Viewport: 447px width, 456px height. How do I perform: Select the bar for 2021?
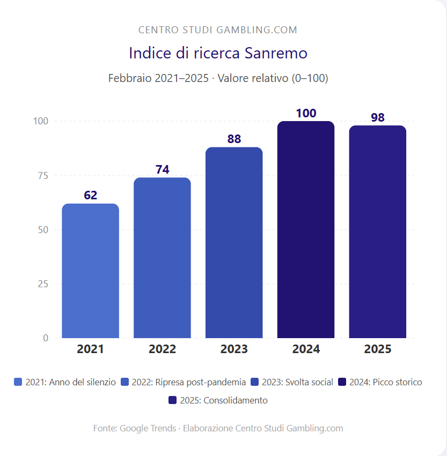[x=90, y=271]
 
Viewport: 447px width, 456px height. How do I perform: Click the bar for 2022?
[x=162, y=258]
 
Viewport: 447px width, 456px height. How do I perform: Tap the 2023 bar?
[x=234, y=243]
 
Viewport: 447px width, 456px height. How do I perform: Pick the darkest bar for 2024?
[x=306, y=229]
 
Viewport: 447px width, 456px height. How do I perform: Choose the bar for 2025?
[x=378, y=231]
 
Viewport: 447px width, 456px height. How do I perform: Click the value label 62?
[x=90, y=195]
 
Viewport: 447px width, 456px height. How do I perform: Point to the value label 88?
[x=234, y=139]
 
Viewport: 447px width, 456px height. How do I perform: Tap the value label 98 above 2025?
[x=378, y=117]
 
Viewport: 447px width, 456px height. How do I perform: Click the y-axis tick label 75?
[x=42, y=176]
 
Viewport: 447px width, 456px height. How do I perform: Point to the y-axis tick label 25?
[x=42, y=284]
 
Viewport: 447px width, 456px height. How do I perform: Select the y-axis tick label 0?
[x=46, y=338]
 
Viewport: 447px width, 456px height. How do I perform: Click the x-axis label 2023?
[x=234, y=349]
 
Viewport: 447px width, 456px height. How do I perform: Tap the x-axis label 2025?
[x=378, y=349]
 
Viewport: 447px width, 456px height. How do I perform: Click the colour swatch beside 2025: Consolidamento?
[x=172, y=400]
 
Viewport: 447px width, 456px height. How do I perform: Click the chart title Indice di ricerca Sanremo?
[x=218, y=54]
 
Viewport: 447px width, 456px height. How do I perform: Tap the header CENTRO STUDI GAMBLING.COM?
[x=218, y=30]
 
